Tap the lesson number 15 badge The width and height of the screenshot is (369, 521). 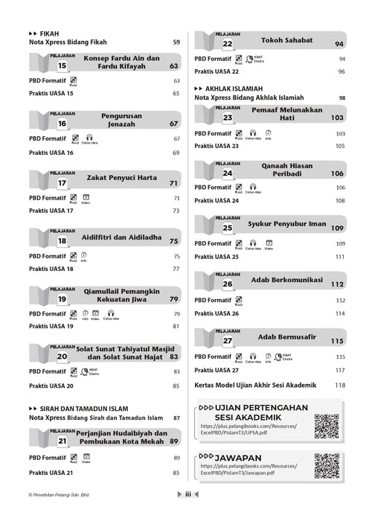pyautogui.click(x=62, y=66)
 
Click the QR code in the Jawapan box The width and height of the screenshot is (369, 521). pyautogui.click(x=326, y=467)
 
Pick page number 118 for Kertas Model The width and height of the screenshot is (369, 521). pyautogui.click(x=341, y=385)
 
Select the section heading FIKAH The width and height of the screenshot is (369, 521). pyautogui.click(x=49, y=33)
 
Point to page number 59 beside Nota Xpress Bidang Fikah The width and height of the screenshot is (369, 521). pyautogui.click(x=176, y=42)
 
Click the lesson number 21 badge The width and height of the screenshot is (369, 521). pyautogui.click(x=62, y=441)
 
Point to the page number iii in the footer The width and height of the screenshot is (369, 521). pyautogui.click(x=189, y=514)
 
